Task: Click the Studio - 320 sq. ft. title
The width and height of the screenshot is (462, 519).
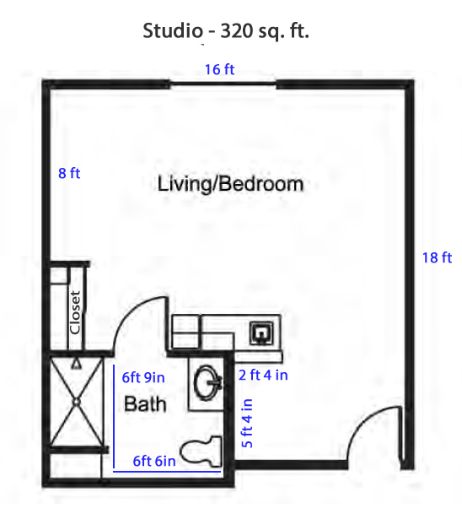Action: (x=226, y=30)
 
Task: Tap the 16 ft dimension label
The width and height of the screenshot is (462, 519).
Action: (x=219, y=69)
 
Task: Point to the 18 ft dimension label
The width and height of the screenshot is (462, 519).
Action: (x=437, y=258)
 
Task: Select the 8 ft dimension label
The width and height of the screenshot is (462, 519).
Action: (x=69, y=173)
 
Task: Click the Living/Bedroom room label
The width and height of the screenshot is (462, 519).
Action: (x=230, y=184)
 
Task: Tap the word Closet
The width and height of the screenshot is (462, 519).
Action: (x=75, y=312)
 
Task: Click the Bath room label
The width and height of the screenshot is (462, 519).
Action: (x=145, y=404)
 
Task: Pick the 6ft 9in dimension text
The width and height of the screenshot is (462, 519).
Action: (x=143, y=377)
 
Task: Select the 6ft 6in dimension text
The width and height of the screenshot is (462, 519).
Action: (x=154, y=461)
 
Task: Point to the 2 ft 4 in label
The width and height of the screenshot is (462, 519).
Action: (x=263, y=375)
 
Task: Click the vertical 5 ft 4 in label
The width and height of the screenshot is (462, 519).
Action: (x=247, y=424)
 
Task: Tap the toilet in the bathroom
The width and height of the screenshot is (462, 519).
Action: (x=201, y=451)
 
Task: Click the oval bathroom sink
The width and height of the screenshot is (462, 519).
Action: (x=207, y=382)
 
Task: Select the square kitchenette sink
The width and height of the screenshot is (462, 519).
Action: (x=261, y=332)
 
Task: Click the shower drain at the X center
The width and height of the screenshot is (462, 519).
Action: (x=77, y=402)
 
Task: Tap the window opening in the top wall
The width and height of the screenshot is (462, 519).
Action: (x=223, y=84)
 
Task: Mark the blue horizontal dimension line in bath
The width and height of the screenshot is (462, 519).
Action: (x=167, y=471)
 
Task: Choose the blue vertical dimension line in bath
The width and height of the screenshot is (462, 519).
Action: (x=114, y=417)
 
